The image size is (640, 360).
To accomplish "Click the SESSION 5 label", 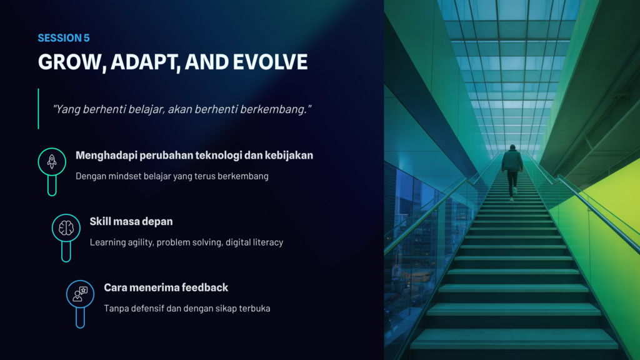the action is point(64,38).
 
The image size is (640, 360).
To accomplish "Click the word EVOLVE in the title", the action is point(270,62).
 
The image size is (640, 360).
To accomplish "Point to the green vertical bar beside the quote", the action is point(38,109).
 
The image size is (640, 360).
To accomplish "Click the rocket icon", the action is point(52,162).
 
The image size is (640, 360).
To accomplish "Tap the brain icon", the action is point(66,227).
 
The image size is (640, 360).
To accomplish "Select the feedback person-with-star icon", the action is point(80,294).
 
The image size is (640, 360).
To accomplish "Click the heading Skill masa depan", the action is point(131,222).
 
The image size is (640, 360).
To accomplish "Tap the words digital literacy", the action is point(254,242).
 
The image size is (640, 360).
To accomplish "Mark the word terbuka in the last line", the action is point(255,309).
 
